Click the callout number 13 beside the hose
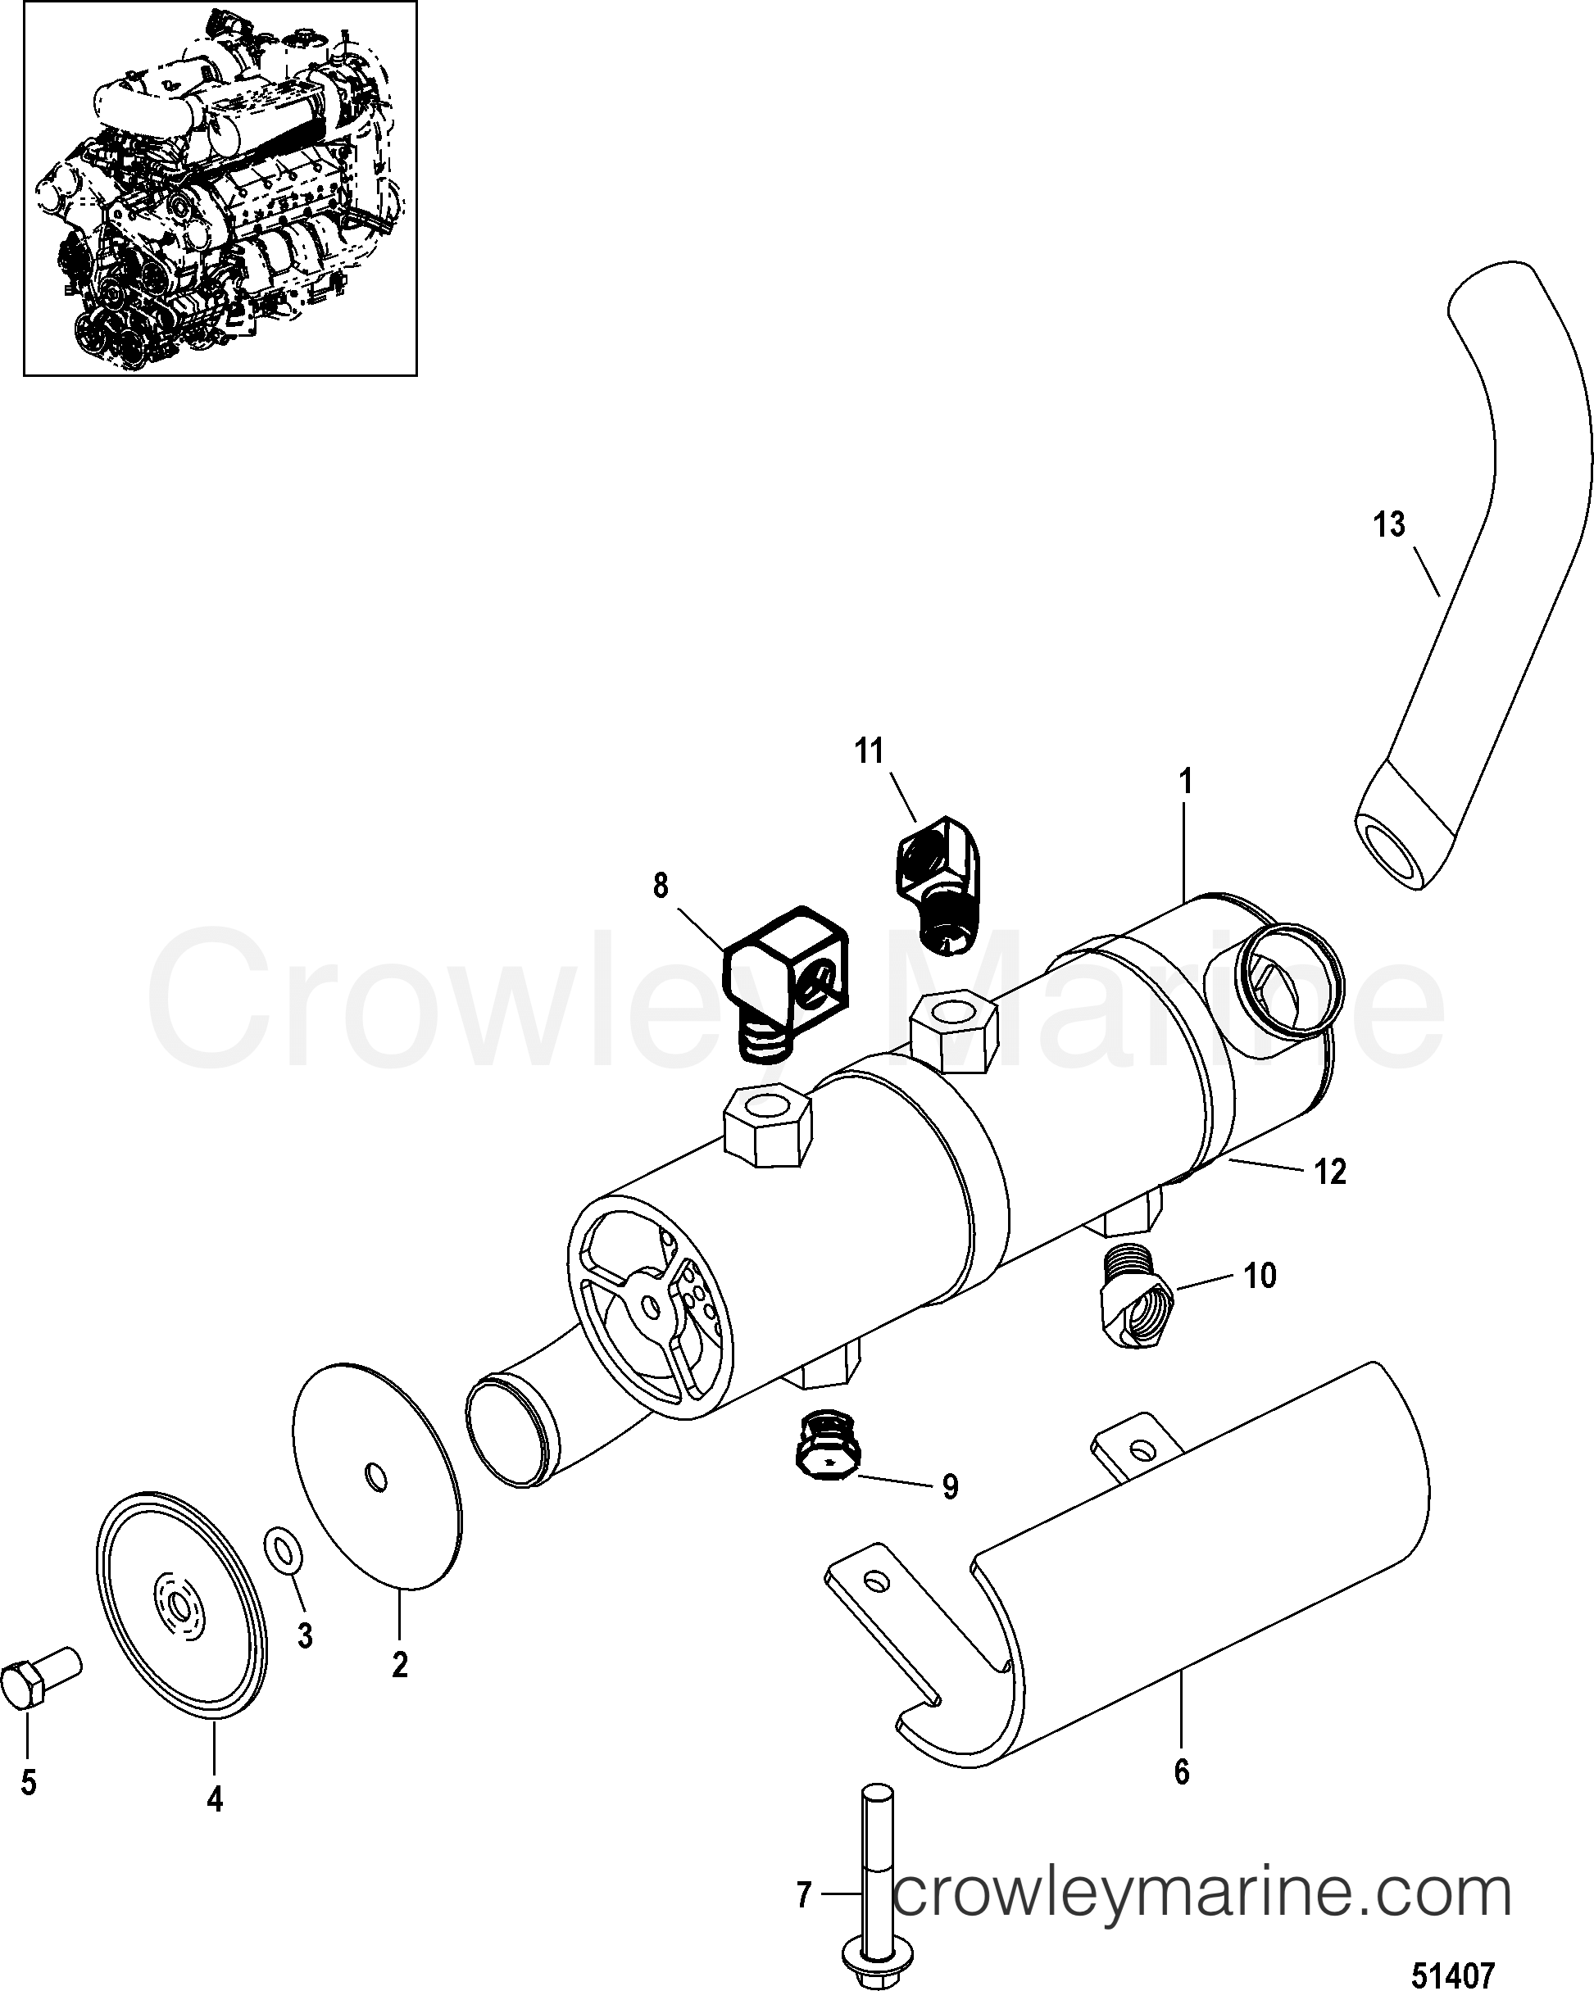pyautogui.click(x=1389, y=524)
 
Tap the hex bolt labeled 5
pyautogui.click(x=42, y=1680)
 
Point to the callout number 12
pyautogui.click(x=1331, y=1172)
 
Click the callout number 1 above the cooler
pyautogui.click(x=1187, y=782)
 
